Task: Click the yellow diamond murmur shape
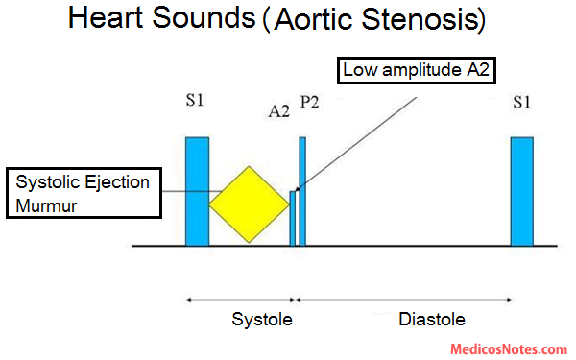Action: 248,204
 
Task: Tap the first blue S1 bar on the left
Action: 197,192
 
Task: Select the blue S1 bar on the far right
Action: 521,192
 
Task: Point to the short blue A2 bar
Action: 293,219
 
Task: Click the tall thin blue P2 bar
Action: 302,192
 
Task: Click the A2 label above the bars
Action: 278,111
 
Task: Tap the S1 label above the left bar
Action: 197,100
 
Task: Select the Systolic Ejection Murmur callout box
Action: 82,194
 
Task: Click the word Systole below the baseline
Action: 260,319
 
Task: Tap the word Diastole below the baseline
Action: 433,319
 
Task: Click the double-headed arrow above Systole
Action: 240,300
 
